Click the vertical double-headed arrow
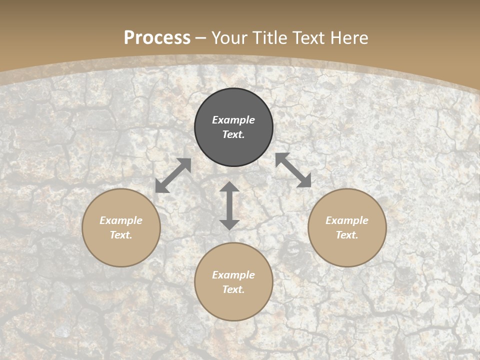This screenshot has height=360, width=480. [229, 205]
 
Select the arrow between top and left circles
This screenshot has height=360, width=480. [173, 175]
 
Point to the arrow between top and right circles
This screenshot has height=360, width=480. [293, 170]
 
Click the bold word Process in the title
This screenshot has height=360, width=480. [157, 37]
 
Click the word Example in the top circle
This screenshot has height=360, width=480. [233, 120]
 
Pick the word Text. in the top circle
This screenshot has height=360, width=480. [233, 134]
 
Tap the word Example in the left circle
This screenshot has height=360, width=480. [121, 220]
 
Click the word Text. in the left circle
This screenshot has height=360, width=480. [121, 235]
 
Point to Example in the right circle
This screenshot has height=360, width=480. [347, 220]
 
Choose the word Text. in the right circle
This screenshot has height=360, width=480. [347, 235]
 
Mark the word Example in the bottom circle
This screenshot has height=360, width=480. [233, 275]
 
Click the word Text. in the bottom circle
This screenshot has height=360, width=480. [233, 289]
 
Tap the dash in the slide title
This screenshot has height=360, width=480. [201, 38]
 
